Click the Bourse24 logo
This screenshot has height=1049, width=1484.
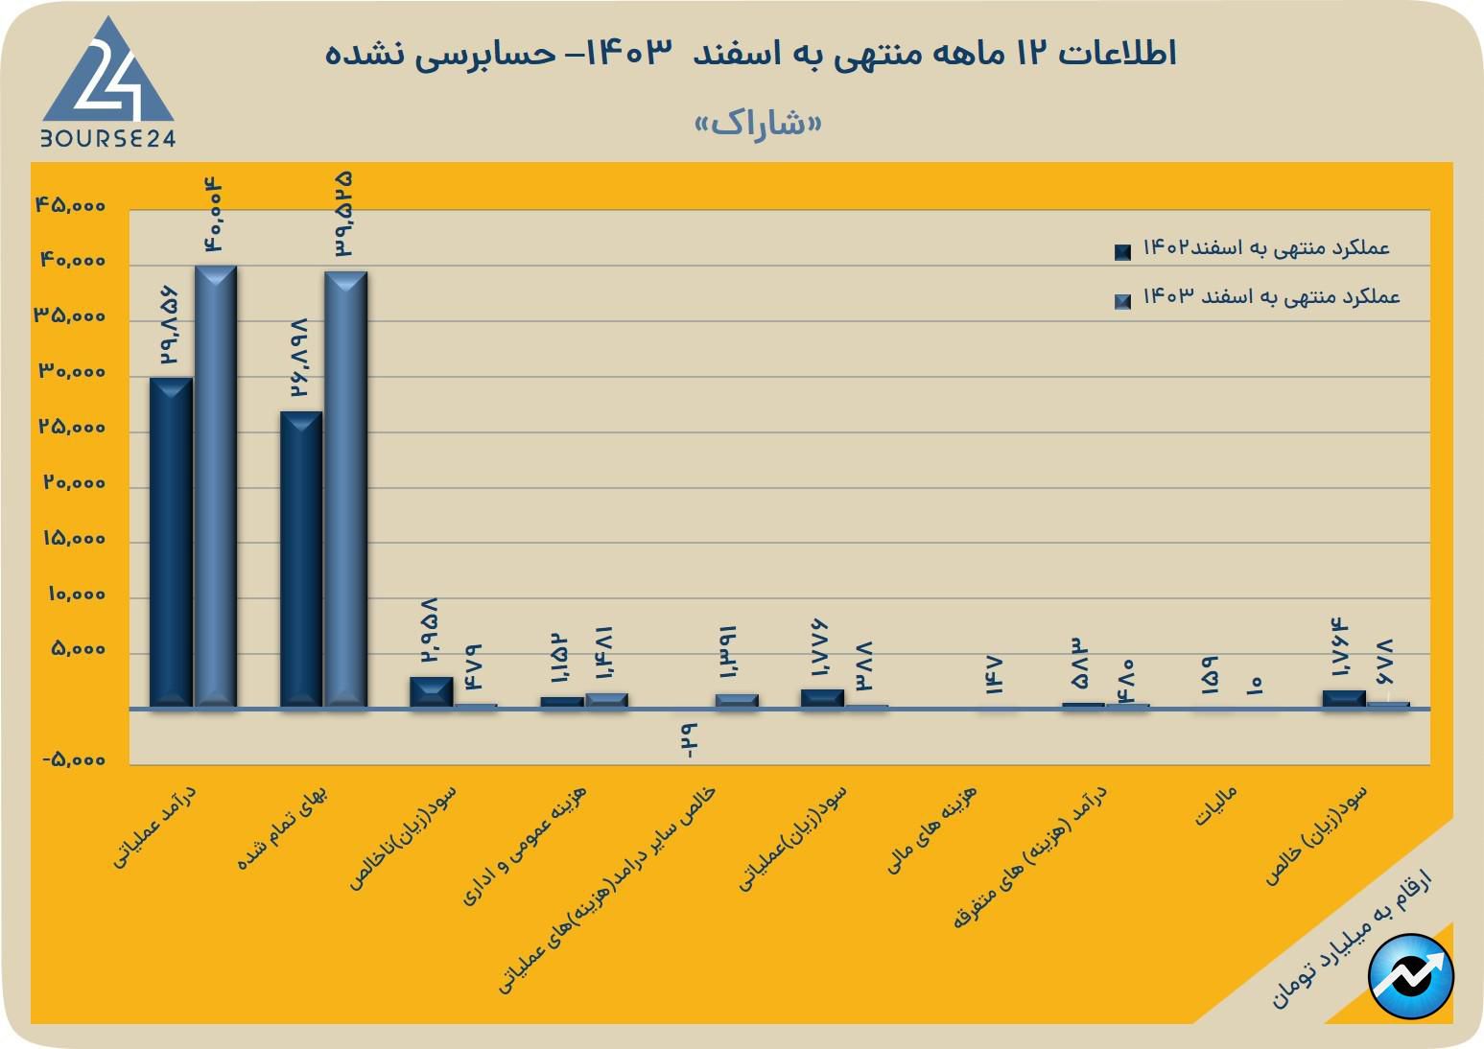click(x=107, y=83)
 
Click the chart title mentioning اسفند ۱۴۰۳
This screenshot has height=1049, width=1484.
click(x=750, y=53)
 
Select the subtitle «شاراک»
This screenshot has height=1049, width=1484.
click(x=758, y=124)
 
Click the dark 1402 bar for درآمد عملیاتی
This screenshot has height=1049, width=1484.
click(x=172, y=542)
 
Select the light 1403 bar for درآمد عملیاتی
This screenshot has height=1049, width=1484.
click(x=216, y=486)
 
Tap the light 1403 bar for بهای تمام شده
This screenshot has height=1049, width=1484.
click(x=345, y=489)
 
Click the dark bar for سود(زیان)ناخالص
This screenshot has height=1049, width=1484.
click(x=431, y=691)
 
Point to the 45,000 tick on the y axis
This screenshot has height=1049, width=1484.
click(x=70, y=206)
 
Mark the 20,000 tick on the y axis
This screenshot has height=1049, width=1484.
click(x=74, y=483)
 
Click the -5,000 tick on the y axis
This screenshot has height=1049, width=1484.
click(x=73, y=760)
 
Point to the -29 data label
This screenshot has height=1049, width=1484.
click(x=688, y=741)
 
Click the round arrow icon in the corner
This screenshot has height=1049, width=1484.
click(x=1411, y=976)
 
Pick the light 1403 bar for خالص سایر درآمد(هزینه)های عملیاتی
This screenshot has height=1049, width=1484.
click(x=737, y=701)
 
